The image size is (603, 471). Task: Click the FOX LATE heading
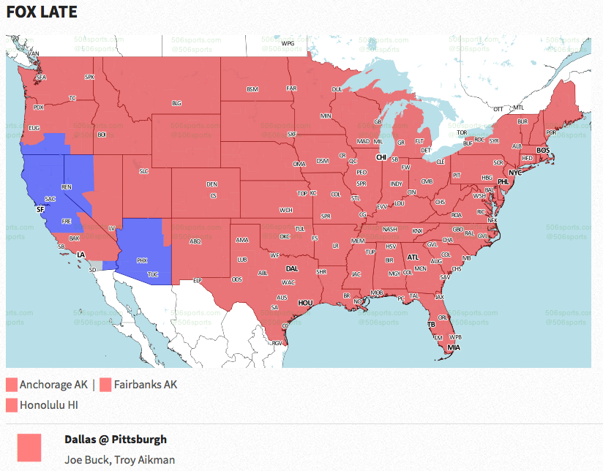click(42, 12)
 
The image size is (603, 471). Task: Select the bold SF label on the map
click(40, 208)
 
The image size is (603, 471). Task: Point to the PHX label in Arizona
click(142, 260)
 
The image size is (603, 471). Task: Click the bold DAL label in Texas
click(292, 268)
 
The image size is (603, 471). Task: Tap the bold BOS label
click(543, 150)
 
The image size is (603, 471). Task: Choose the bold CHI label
click(381, 157)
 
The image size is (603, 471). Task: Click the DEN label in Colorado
click(211, 184)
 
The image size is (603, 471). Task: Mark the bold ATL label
click(413, 257)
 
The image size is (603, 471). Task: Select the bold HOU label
click(306, 302)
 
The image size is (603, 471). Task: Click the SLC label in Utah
click(143, 171)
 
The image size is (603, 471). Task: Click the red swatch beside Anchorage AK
click(12, 385)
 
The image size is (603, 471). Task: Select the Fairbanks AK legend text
click(146, 384)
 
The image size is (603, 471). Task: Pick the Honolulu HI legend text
click(49, 404)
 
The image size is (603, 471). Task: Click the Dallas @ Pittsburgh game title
click(116, 440)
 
